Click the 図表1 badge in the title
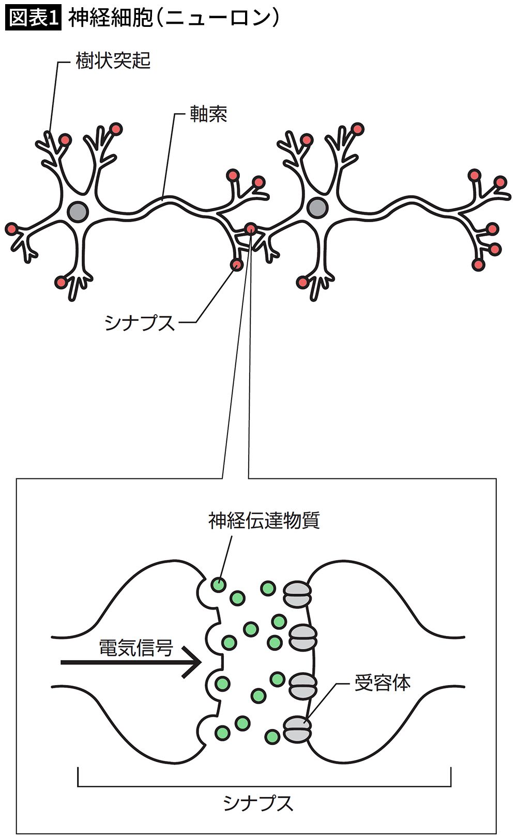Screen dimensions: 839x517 [33, 18]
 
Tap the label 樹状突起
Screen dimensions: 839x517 [113, 61]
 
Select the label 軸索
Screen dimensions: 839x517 [208, 115]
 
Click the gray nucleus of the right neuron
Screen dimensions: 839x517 [317, 208]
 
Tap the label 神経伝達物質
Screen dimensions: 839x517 [264, 520]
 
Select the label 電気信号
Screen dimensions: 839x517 [136, 647]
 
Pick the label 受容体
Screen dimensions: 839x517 [382, 683]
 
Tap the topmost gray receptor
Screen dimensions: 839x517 [297, 594]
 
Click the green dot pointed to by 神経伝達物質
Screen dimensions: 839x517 [219, 585]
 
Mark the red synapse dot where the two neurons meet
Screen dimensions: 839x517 [250, 228]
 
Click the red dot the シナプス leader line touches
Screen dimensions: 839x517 [237, 265]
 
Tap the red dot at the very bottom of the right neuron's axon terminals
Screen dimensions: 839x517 [478, 265]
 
